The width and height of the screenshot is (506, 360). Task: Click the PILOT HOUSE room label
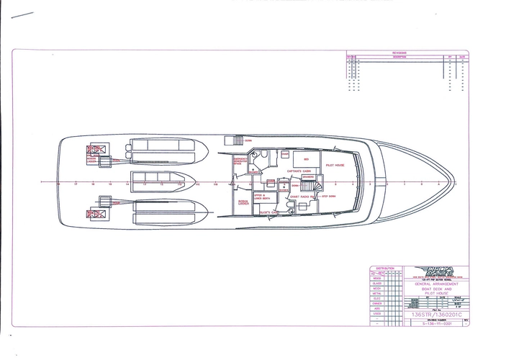(x=335, y=166)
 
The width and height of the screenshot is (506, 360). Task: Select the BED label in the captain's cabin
(x=306, y=158)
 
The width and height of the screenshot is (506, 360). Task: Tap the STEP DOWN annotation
(x=330, y=196)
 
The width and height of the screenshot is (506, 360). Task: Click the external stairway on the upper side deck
(x=234, y=140)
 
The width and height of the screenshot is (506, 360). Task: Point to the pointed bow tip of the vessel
(x=456, y=182)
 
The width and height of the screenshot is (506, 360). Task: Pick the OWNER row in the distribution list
(x=377, y=304)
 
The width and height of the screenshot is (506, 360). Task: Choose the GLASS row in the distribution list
(x=377, y=283)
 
